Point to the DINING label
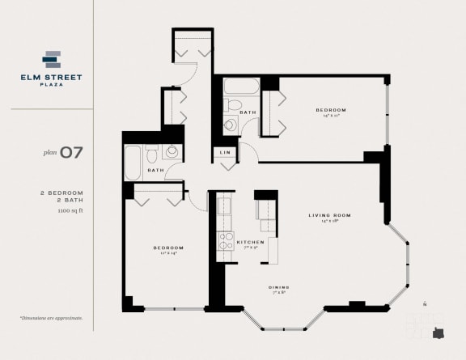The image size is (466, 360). [280, 287]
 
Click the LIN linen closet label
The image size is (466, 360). [225, 151]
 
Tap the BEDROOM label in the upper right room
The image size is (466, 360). [331, 109]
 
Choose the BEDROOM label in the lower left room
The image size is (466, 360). [168, 247]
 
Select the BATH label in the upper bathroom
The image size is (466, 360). [248, 112]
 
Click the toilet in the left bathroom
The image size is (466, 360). [172, 151]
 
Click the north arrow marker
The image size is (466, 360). [424, 304]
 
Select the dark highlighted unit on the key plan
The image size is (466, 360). [439, 332]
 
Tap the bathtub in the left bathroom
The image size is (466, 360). [133, 161]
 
